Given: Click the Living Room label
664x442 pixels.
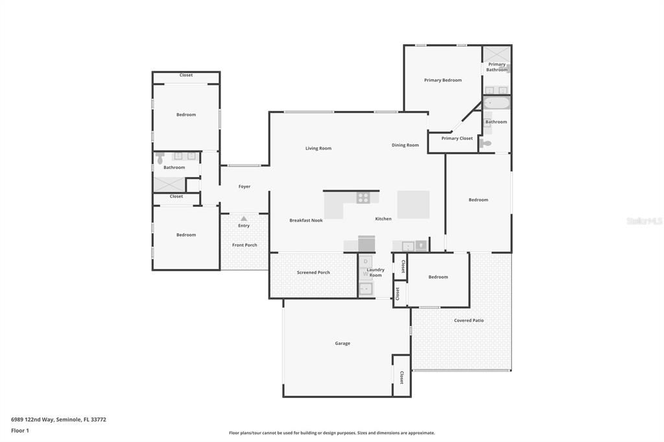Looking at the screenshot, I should [318, 148].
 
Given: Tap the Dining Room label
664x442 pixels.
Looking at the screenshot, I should [405, 145].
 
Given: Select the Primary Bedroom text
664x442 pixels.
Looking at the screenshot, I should [443, 80].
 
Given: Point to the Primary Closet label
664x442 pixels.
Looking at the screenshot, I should [457, 138].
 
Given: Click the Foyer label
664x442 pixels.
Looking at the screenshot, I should [244, 187].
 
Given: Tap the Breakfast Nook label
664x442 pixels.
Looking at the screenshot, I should [306, 220].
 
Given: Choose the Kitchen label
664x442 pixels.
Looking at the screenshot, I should [383, 219].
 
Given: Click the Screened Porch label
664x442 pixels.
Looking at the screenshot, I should [313, 273].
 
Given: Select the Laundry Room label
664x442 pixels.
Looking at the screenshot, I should [375, 272].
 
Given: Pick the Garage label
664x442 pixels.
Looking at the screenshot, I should [342, 343].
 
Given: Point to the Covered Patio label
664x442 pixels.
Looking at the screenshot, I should [469, 320].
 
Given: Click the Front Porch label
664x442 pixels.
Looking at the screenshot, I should [245, 245].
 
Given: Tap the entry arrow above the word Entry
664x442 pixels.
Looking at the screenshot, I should [244, 219].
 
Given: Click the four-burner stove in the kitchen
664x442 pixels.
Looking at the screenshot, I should [363, 198].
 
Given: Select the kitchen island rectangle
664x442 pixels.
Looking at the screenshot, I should [413, 204].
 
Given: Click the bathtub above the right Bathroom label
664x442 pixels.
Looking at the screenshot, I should [497, 103].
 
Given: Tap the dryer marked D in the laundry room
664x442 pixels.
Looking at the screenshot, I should [366, 261].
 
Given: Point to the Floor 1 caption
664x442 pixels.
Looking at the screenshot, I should [20, 430].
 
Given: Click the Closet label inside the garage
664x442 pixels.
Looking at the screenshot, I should [401, 377].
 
